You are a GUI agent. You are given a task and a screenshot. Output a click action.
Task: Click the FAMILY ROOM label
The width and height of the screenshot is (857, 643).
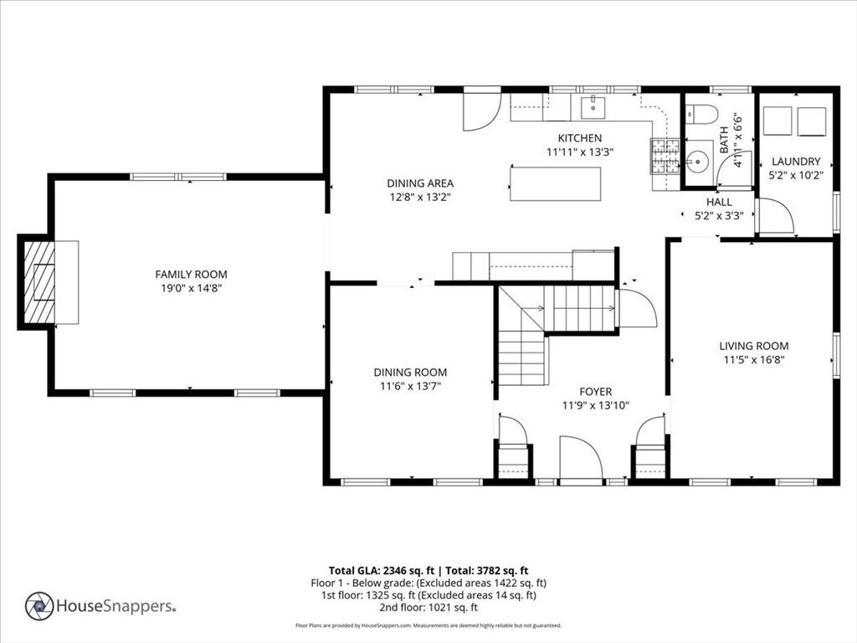(191, 275)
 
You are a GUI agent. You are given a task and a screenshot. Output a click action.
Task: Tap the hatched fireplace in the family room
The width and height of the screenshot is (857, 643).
(39, 282)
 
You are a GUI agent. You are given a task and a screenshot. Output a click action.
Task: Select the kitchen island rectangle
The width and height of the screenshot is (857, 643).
(556, 184)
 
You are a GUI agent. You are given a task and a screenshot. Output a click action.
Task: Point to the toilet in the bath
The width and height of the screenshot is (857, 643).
(701, 114)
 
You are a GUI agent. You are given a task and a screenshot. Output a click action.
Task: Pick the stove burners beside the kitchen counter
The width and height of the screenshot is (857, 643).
(665, 157)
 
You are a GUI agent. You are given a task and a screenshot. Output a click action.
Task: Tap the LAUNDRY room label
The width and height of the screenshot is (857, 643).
(796, 162)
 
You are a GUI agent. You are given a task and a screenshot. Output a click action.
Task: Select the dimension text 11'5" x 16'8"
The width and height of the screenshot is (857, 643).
(754, 360)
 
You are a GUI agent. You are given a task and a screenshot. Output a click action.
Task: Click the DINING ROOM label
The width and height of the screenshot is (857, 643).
(410, 373)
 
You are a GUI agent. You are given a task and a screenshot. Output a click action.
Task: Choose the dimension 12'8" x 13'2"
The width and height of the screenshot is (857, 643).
(420, 197)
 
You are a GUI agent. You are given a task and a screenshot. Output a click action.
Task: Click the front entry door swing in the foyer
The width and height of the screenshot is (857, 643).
(582, 457)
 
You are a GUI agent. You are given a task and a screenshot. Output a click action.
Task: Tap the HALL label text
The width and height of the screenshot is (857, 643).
(719, 202)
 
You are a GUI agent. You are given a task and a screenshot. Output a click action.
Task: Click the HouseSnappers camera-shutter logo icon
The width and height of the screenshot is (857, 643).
(39, 606)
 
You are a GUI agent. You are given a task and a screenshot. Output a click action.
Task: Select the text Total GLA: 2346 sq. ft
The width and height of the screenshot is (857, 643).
(382, 571)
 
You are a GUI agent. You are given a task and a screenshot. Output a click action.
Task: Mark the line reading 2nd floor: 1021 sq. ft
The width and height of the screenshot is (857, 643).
(428, 607)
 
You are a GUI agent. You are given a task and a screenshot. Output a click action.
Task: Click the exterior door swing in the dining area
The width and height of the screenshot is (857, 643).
(481, 111)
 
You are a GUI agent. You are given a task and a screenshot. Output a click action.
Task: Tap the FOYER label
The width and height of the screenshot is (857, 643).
(596, 392)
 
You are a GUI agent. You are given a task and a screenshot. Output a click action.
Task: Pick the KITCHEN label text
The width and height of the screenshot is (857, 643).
(579, 138)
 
